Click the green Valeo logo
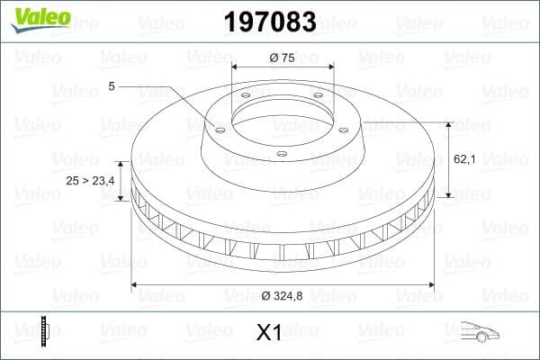pos(40,17)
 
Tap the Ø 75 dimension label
pos(283,58)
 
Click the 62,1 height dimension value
pos(463,158)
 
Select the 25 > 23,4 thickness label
pos(91,181)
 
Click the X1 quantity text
pos(270,333)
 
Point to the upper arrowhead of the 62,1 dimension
pos(447,122)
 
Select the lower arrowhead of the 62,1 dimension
pos(447,194)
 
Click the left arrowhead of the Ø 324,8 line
pos(135,285)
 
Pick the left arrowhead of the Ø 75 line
pos(235,67)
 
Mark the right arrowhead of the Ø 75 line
pos(332,67)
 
